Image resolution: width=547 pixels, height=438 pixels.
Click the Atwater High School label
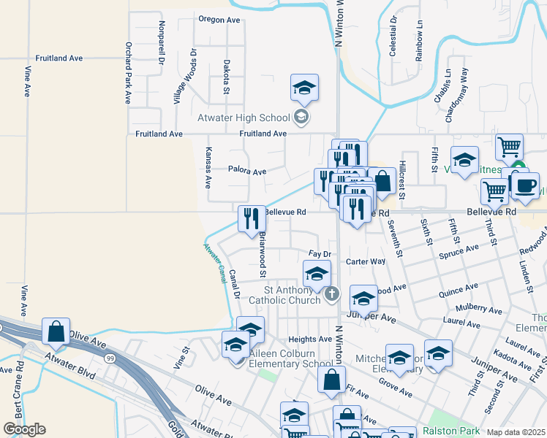point(244,118)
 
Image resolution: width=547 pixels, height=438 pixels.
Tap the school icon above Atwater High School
point(304,88)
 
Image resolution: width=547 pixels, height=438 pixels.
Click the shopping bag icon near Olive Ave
point(56,331)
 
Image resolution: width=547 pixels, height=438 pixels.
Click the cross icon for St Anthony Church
point(332,294)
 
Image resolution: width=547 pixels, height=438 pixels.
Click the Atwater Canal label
point(215,263)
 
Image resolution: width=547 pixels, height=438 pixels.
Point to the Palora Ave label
point(246,172)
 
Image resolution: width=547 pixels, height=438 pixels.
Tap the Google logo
point(24,429)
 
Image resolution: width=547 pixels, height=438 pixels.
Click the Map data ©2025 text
point(515,432)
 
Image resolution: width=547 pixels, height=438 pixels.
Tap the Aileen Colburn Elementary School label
point(290,358)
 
